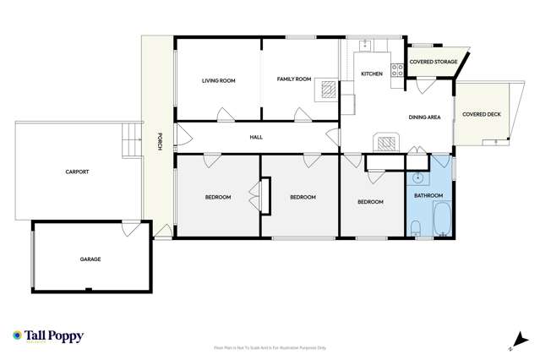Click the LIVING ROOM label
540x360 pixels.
tap(218, 81)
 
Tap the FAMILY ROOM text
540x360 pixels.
tap(295, 79)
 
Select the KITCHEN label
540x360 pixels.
tap(372, 74)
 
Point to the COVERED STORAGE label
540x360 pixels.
tap(433, 62)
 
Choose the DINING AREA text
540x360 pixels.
tap(424, 117)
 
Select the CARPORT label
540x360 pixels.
tap(77, 172)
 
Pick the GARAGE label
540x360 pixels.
tap(90, 259)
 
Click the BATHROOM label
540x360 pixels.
tap(428, 196)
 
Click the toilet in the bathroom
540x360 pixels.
tap(416, 226)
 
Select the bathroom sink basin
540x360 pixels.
tap(417, 178)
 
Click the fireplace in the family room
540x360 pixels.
tap(327, 90)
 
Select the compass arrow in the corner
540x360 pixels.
tap(510, 345)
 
